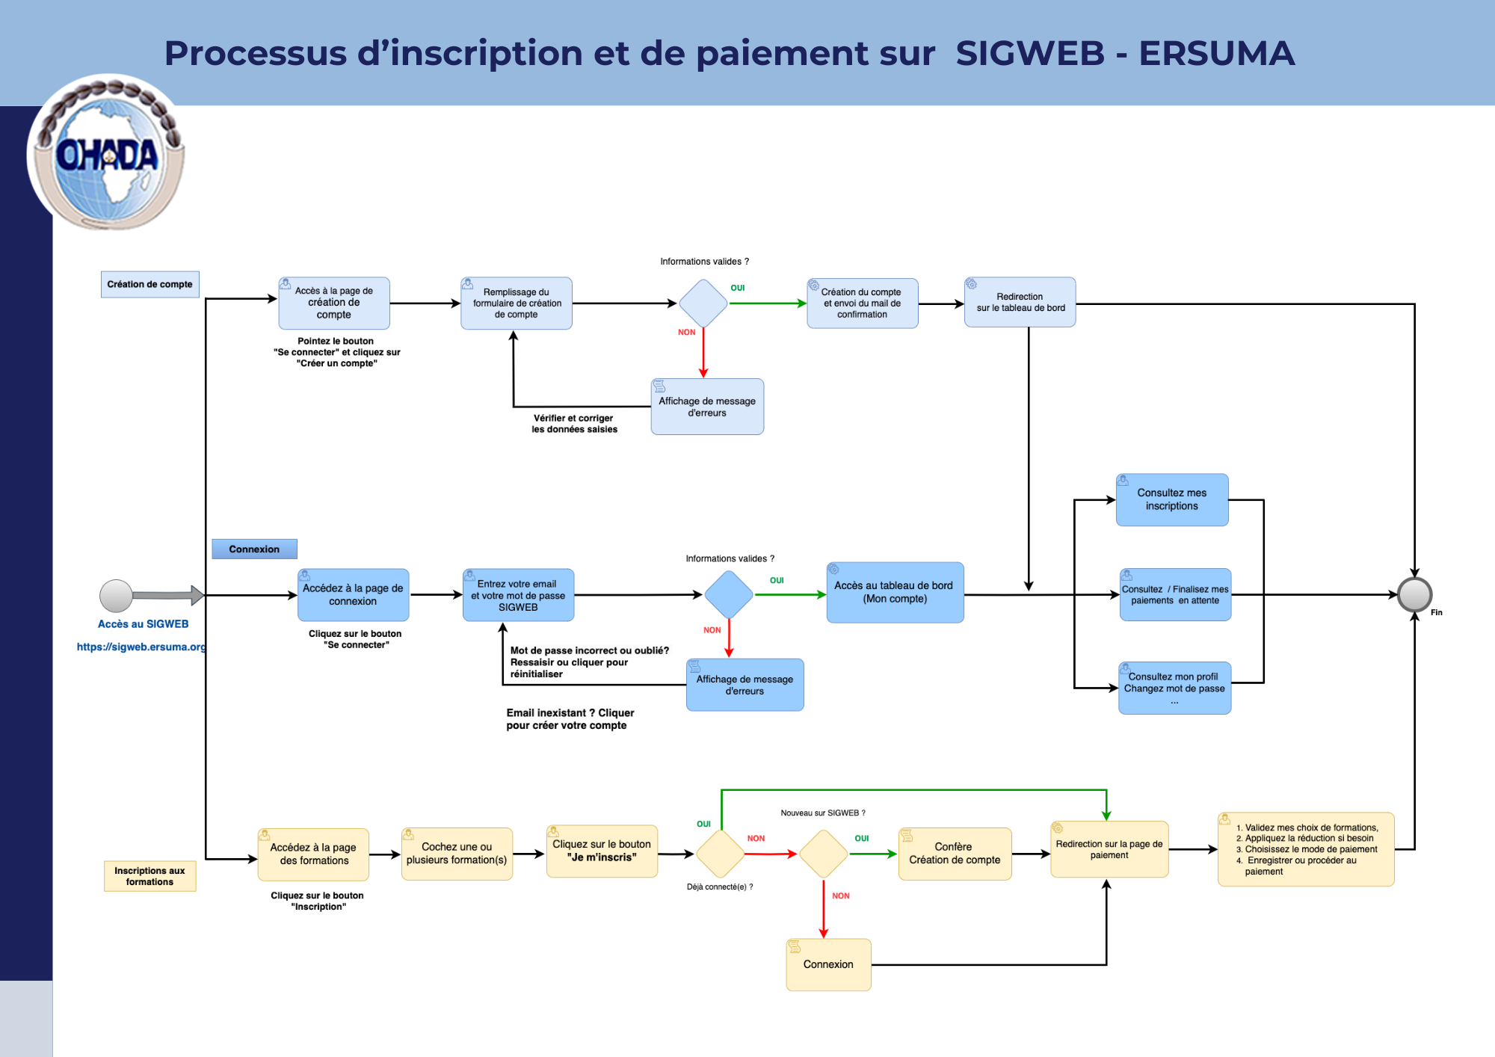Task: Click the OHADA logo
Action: coord(106,152)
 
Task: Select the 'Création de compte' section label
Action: coord(149,285)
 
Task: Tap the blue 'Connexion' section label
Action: coord(254,549)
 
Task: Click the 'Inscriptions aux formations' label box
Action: coord(149,876)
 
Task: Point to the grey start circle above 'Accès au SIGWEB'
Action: coord(116,596)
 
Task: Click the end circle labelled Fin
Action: coord(1414,595)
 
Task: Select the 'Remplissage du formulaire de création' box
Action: coord(517,303)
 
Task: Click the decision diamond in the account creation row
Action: coord(703,303)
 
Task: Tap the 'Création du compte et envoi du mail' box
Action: coord(862,303)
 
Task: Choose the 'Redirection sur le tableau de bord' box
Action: coord(1020,303)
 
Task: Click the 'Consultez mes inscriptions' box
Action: coord(1171,499)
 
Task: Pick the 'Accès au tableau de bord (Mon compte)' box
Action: coord(895,593)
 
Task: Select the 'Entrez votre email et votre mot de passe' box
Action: coord(518,595)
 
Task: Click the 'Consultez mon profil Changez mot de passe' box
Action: coord(1174,688)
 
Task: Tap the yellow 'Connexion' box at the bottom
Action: coord(828,964)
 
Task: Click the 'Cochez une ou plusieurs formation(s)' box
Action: coord(457,854)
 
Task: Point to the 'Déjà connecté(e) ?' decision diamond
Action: coord(720,854)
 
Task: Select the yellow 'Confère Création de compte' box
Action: coord(955,854)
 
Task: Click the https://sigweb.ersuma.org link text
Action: coord(141,647)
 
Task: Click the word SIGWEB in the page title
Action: coord(1030,54)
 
